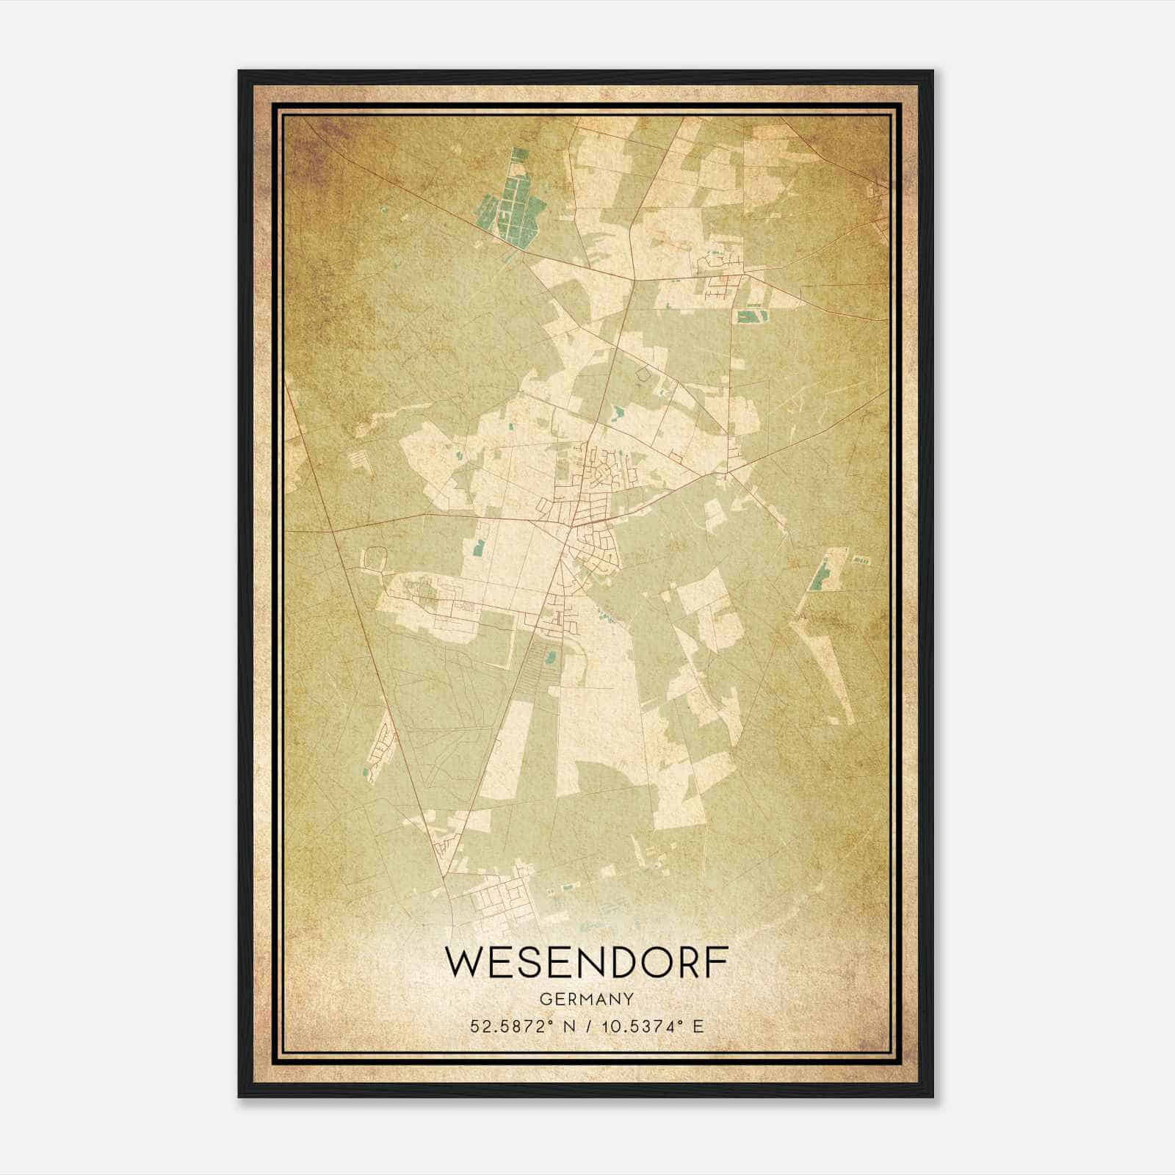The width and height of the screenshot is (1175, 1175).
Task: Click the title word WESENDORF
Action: (x=587, y=963)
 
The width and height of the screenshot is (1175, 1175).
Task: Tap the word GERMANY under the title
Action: (x=587, y=999)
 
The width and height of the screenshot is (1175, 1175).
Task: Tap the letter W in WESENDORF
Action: (x=464, y=963)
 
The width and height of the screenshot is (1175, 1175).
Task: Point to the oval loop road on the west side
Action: (x=375, y=560)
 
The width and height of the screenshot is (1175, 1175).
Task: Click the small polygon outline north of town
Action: (x=644, y=374)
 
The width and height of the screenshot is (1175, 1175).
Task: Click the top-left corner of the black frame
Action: (x=240, y=72)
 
